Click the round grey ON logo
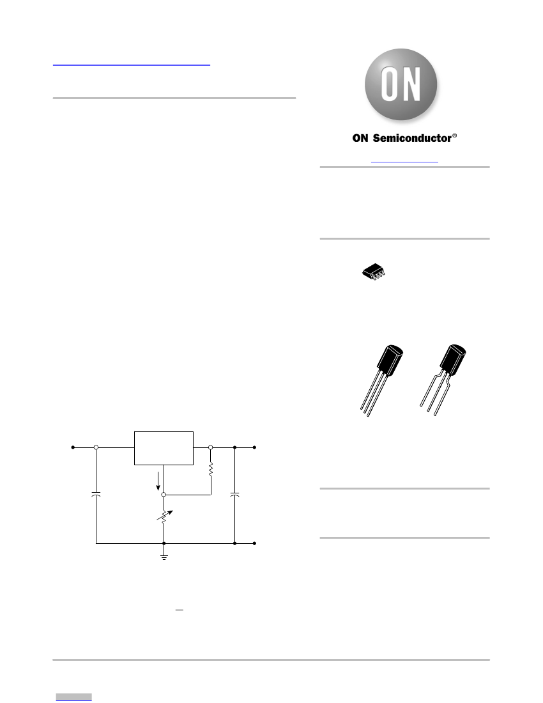[401, 84]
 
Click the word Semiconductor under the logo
[412, 138]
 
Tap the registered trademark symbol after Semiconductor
[455, 135]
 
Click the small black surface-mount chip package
[374, 272]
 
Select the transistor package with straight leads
[382, 381]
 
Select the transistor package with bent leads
[443, 380]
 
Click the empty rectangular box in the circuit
[164, 449]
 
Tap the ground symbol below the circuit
[164, 557]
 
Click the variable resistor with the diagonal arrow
[164, 517]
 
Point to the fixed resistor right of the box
[211, 470]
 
